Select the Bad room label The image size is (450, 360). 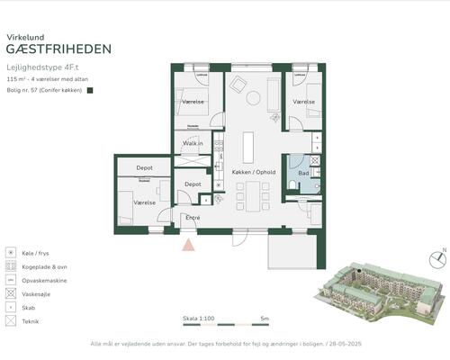tap(304, 172)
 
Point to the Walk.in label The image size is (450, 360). tap(193, 143)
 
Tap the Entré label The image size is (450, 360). tap(193, 218)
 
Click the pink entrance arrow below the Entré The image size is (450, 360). tap(188, 243)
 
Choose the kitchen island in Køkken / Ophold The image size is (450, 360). tap(248, 147)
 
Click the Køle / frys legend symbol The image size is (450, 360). tap(10, 254)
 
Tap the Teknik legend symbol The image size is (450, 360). tap(10, 320)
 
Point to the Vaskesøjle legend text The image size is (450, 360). tap(39, 293)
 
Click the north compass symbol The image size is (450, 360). tap(438, 260)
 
